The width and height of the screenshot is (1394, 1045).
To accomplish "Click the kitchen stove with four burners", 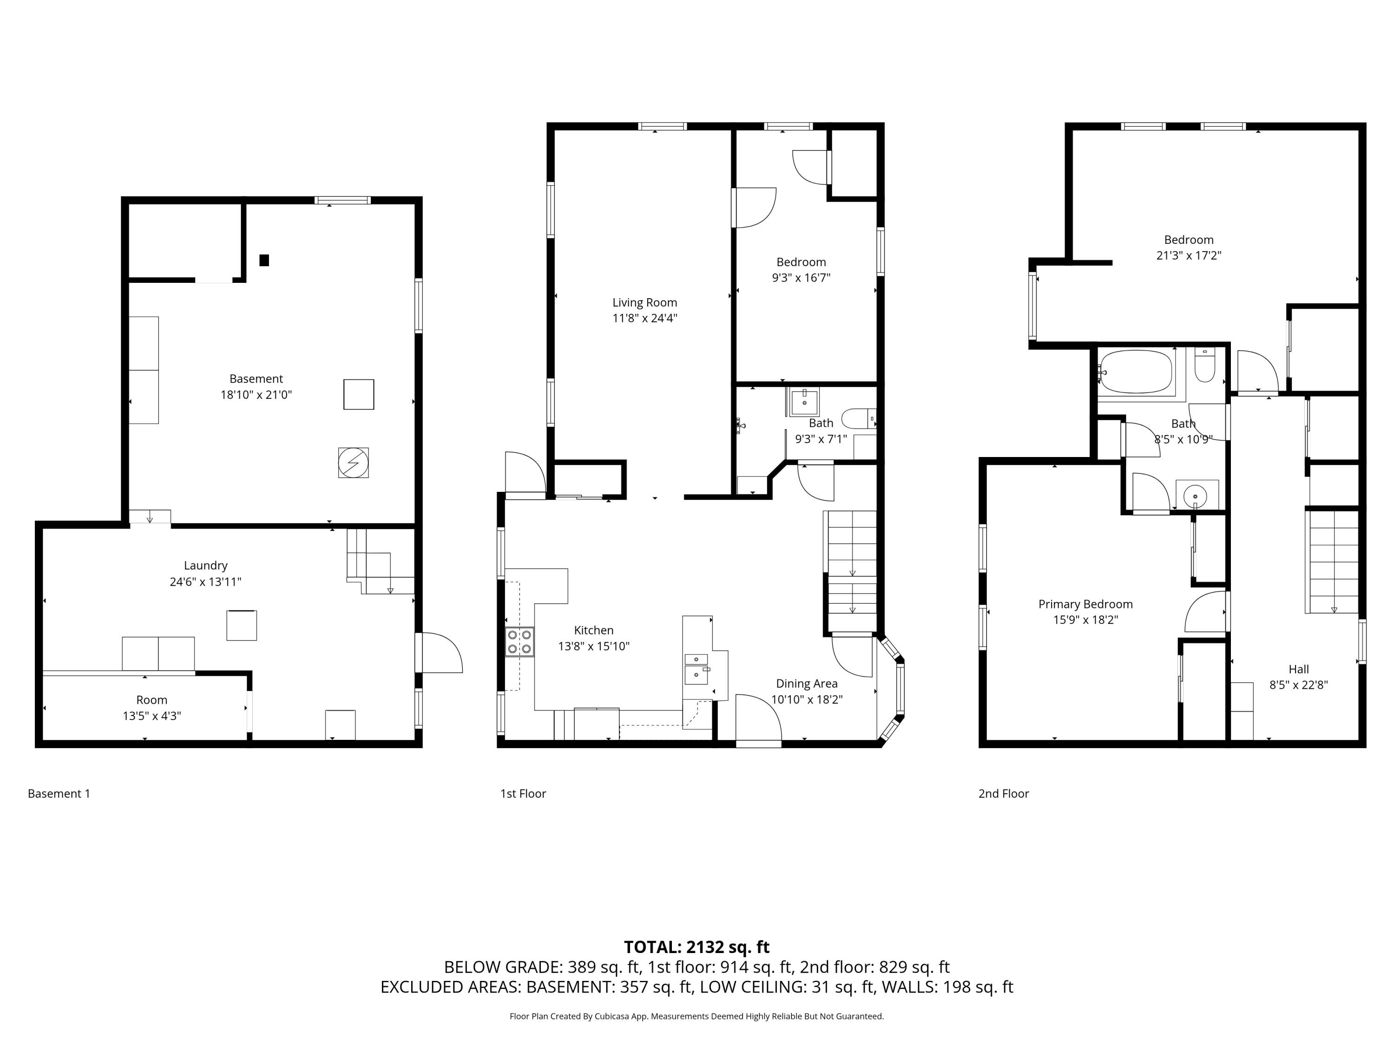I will click(x=520, y=642).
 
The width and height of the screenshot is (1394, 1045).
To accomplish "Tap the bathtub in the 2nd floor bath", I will click(x=1136, y=372).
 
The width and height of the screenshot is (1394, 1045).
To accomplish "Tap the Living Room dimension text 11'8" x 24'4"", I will click(x=644, y=318).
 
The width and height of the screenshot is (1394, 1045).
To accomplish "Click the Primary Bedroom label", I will click(x=1085, y=604).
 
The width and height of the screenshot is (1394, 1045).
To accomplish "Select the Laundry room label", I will click(x=205, y=566).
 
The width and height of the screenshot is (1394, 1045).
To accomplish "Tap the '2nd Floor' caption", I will click(x=1003, y=794).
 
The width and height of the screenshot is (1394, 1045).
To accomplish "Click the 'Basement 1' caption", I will click(x=59, y=794).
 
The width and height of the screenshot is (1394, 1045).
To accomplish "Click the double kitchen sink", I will click(x=697, y=668).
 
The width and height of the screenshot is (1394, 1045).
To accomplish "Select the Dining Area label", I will click(x=807, y=684).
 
